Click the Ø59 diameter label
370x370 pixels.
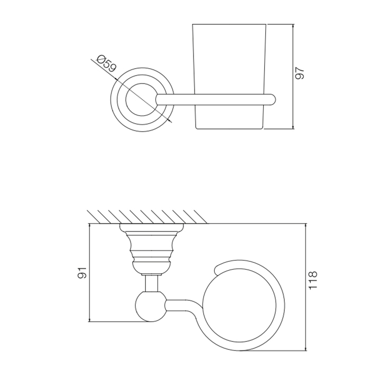tap(107, 63)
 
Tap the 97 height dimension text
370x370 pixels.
tap(300, 73)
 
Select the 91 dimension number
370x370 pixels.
tap(82, 273)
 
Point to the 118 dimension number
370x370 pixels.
tap(313, 280)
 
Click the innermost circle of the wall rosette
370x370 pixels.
tap(142, 83)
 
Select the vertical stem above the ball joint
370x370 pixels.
tap(152, 284)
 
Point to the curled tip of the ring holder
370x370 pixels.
tap(216, 271)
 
